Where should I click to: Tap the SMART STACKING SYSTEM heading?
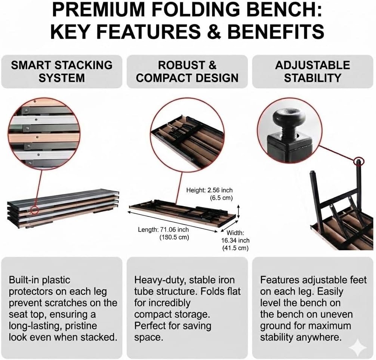[x=62, y=71]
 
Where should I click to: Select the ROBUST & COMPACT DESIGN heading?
[x=187, y=71]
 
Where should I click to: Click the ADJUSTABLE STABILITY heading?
[x=312, y=71]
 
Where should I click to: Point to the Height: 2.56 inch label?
[x=209, y=190]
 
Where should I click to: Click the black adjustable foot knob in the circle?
[x=288, y=118]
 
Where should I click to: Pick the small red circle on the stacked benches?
[x=35, y=210]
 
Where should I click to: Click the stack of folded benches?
[x=63, y=210]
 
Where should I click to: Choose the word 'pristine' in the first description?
[x=79, y=326]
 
